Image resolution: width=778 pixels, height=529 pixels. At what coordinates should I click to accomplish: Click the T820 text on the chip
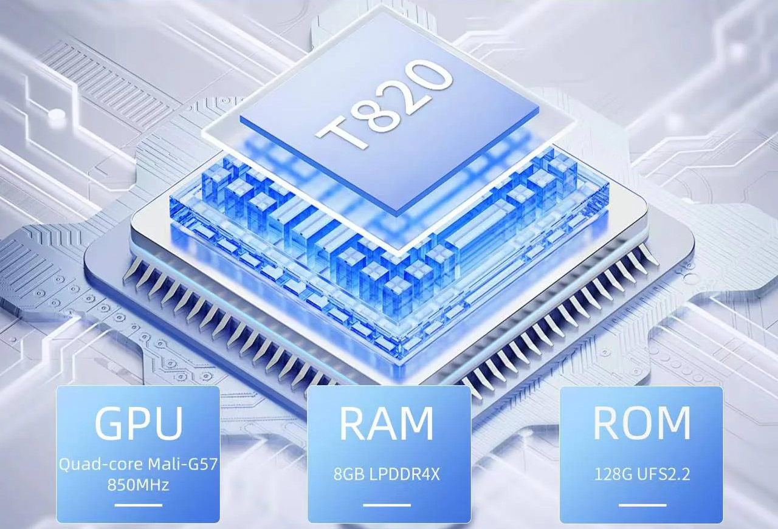click(384, 105)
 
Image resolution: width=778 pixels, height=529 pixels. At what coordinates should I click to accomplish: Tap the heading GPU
click(138, 423)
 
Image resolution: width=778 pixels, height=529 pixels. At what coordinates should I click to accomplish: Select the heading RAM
click(386, 423)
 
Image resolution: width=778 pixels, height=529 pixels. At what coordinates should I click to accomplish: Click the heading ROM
click(641, 423)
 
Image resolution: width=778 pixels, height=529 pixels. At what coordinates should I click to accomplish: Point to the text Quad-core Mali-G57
click(138, 464)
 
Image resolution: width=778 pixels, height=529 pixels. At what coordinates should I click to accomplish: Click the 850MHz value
click(138, 485)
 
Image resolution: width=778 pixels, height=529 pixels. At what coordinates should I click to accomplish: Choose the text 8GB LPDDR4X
click(387, 474)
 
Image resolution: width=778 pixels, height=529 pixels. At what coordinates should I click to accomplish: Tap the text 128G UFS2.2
click(642, 474)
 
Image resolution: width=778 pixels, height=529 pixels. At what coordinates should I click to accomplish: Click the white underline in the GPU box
click(138, 505)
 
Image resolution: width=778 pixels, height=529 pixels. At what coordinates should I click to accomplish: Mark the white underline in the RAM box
click(387, 505)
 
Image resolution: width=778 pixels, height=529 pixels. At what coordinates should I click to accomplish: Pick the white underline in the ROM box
click(642, 505)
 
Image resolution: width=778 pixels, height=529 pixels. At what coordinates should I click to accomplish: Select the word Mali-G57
click(183, 464)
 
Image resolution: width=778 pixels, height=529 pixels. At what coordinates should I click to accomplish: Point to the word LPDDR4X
click(405, 474)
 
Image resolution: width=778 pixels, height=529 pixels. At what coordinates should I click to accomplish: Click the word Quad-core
click(101, 465)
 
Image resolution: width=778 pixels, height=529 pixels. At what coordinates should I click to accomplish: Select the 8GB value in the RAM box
click(349, 474)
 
